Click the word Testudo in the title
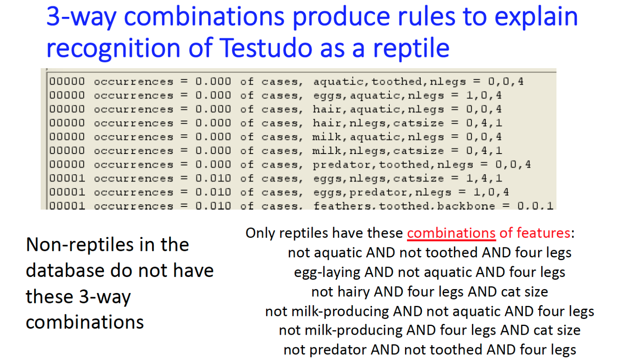[266, 48]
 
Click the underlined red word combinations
[451, 233]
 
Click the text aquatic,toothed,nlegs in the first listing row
[389, 82]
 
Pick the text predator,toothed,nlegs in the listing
[393, 165]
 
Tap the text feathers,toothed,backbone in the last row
[404, 206]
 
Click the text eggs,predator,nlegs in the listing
[382, 192]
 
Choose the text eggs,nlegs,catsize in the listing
[379, 178]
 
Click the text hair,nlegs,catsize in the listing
[378, 123]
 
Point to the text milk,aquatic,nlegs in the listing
[378, 137]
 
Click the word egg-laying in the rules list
[327, 272]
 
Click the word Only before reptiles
[260, 233]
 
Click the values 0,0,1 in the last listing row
[535, 206]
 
